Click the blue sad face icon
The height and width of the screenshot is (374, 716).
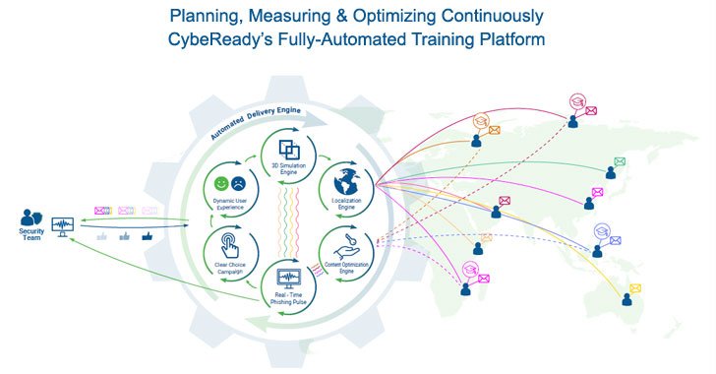tap(238, 183)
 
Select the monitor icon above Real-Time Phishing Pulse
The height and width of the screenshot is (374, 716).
tap(291, 279)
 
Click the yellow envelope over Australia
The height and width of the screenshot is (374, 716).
tap(635, 288)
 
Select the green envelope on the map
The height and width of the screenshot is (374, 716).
tap(620, 161)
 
